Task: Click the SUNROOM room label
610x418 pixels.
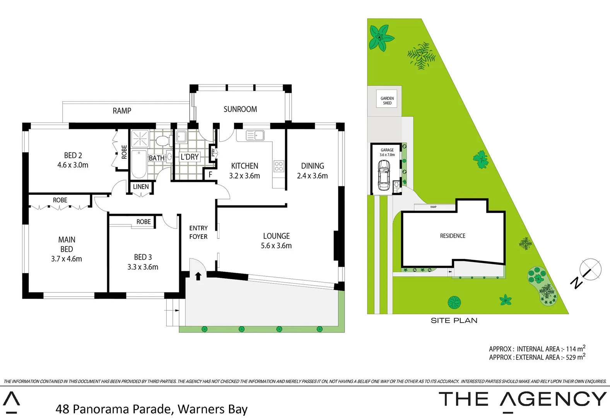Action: coord(240,110)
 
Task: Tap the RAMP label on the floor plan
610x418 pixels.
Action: coord(122,111)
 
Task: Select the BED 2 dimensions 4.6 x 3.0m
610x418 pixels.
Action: coord(73,165)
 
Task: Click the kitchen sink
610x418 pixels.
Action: coord(255,135)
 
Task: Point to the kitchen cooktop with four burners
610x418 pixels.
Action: coord(279,166)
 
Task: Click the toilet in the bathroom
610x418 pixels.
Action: coord(164,140)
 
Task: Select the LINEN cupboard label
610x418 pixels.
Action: coord(141,187)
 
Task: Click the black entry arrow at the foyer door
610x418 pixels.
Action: coord(198,276)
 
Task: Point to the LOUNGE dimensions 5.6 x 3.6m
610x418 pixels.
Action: coord(276,246)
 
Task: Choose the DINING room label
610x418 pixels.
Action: coord(313,166)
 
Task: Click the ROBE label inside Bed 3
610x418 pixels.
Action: coord(144,222)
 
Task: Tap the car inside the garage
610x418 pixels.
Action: coord(384,175)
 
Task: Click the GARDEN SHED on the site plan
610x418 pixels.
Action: coord(387,101)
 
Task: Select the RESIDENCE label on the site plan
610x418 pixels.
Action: coord(453,236)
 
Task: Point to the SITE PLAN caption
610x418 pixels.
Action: coord(454,320)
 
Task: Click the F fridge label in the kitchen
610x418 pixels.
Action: coord(210,175)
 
